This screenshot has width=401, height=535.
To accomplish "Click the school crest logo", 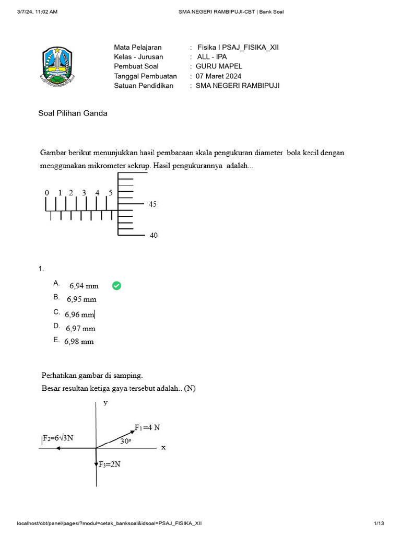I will coord(58,66).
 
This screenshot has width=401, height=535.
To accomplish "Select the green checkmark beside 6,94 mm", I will coord(116,285).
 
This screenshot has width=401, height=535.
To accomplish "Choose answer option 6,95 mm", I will coord(81,300).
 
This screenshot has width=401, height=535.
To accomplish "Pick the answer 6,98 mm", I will coord(79,342).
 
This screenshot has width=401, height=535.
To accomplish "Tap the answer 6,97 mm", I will coord(80,329).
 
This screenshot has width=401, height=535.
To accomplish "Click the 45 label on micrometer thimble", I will coord(152,204).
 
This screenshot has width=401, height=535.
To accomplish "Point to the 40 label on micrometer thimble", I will coord(154,236).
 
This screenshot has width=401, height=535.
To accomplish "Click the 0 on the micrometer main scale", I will coord(46,193).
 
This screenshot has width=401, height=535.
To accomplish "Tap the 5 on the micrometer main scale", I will coord(110,193).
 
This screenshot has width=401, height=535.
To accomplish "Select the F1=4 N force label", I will coord(147,427).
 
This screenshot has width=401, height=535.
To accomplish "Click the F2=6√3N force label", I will coord(58,438).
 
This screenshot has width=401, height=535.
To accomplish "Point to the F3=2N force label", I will coord(110,464).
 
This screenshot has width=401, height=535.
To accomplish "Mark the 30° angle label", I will coord(125,441).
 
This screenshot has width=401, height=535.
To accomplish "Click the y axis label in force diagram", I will coord(105,403).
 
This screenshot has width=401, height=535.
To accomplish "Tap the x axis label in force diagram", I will coord(163,447).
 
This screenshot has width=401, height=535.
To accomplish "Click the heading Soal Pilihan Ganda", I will coord(73,113).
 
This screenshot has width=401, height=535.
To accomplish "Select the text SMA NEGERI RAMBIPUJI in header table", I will coord(238,86).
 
